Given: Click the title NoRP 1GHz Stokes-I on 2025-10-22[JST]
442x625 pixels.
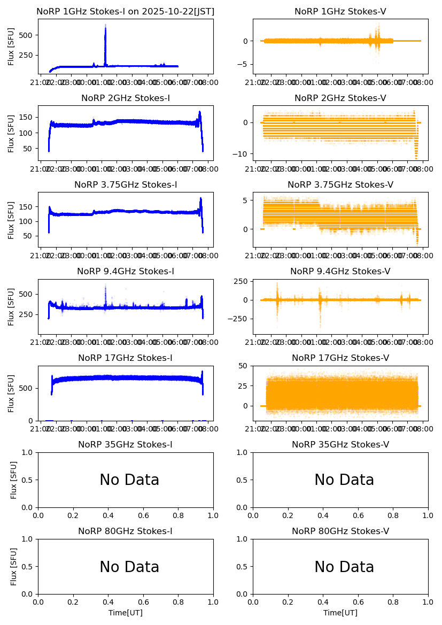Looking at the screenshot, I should (126, 11).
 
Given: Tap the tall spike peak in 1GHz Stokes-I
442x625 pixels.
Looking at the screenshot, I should (105, 26).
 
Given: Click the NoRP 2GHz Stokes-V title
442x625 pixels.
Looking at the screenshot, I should (340, 98).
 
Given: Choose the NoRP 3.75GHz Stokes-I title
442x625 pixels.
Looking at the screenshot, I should (126, 185).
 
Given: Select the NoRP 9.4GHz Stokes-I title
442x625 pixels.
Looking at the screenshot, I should (126, 271).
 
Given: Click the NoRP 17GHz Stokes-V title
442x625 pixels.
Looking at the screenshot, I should (340, 358).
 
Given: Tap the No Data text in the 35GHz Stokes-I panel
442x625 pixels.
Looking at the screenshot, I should (129, 480).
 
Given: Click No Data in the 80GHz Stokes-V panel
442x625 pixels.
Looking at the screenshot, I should (344, 567).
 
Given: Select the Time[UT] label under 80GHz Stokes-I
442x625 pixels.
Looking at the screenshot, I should (126, 613).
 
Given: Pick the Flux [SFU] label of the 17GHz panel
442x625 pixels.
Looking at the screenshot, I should (11, 393).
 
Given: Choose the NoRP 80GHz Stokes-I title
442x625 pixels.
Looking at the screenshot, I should (126, 531).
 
